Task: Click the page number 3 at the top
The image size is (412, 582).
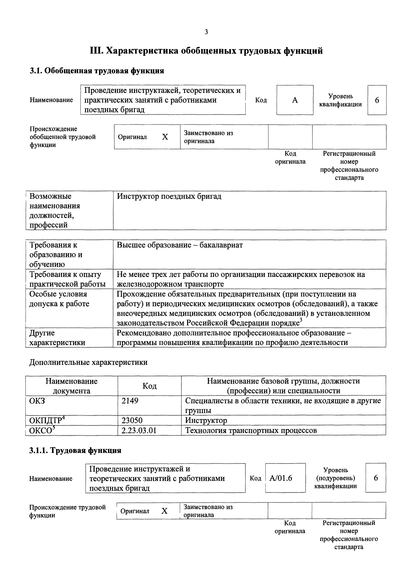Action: click(206, 32)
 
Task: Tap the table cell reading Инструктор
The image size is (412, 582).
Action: click(206, 421)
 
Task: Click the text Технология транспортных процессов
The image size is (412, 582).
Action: click(251, 430)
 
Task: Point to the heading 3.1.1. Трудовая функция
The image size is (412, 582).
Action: click(75, 450)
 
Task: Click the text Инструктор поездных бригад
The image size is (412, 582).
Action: click(169, 196)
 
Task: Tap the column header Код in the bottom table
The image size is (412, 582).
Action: click(150, 386)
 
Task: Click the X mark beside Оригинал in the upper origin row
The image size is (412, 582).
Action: click(165, 137)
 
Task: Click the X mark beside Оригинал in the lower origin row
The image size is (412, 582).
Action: click(165, 511)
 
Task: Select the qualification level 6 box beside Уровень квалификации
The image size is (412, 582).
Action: click(377, 100)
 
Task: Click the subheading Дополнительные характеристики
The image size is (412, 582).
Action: click(88, 362)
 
